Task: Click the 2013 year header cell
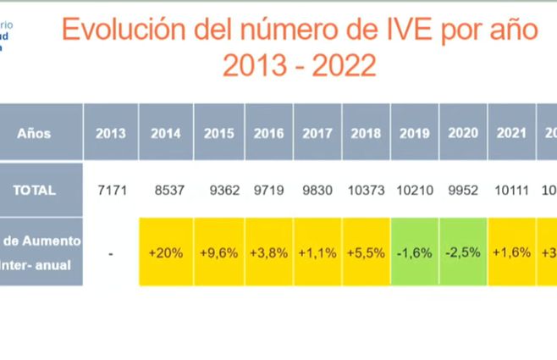[x=111, y=133]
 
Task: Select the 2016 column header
[x=268, y=133]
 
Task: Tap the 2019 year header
[x=414, y=133]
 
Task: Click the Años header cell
[x=34, y=133]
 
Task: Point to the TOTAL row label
[x=34, y=190]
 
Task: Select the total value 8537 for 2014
[x=168, y=190]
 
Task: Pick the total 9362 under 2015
[x=219, y=190]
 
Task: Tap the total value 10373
[x=366, y=190]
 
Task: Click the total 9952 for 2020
[x=463, y=190]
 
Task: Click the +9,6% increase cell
[x=218, y=252]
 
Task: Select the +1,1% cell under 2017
[x=317, y=252]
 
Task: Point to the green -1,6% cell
[x=415, y=252]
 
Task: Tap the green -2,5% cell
[x=463, y=252]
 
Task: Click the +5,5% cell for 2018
[x=366, y=252]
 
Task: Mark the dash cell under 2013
[x=111, y=252]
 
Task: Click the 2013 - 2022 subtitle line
[x=299, y=67]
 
